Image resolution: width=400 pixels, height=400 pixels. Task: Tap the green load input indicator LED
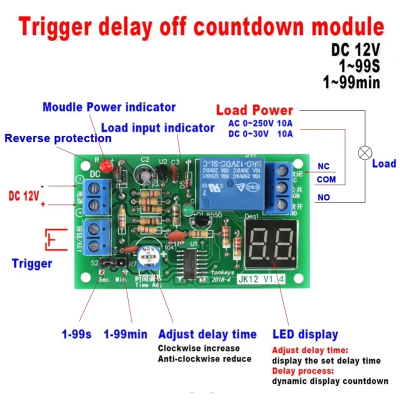click(x=187, y=210)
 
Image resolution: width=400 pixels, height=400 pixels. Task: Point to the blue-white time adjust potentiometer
click(x=149, y=257)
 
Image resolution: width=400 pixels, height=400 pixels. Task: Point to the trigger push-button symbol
click(x=55, y=239)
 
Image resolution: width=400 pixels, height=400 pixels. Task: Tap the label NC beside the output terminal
click(x=323, y=167)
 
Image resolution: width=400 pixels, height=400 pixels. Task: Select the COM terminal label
click(x=326, y=179)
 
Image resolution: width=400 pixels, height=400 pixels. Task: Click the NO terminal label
click(x=323, y=197)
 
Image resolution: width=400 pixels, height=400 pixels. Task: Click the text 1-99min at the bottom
click(x=125, y=334)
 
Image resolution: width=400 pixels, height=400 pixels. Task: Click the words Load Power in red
click(x=254, y=110)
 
